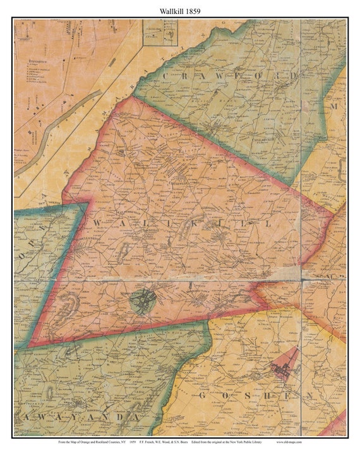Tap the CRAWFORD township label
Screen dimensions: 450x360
(231, 76)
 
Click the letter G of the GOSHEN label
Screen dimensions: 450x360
(203, 396)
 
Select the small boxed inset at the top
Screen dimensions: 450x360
(160, 33)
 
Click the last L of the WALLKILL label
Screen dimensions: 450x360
(271, 225)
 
